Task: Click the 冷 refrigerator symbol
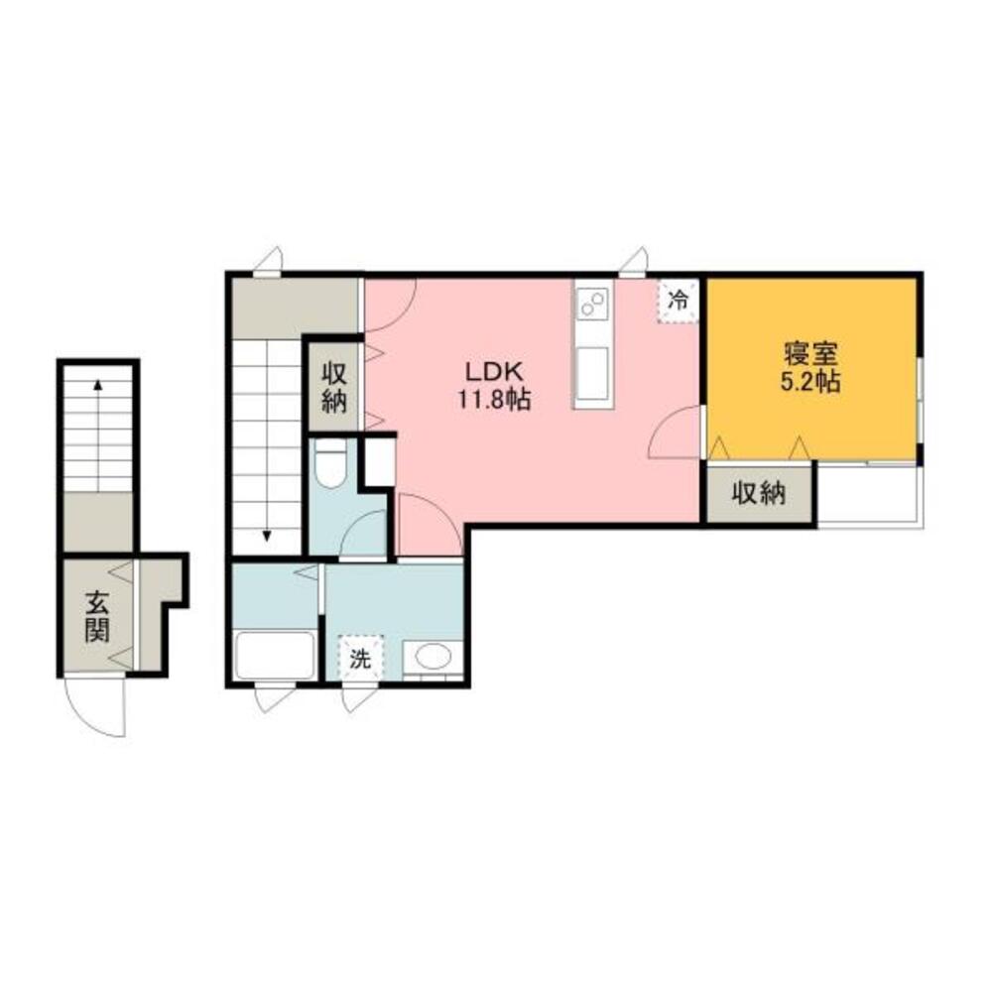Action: pos(680,299)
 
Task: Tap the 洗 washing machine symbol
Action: pos(359,658)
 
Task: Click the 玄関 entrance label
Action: pos(96,615)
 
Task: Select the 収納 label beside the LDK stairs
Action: pos(332,387)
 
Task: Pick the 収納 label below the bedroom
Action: pos(760,493)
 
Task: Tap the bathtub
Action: pos(275,654)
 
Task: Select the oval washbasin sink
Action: pos(433,655)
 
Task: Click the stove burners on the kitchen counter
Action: pos(592,303)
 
